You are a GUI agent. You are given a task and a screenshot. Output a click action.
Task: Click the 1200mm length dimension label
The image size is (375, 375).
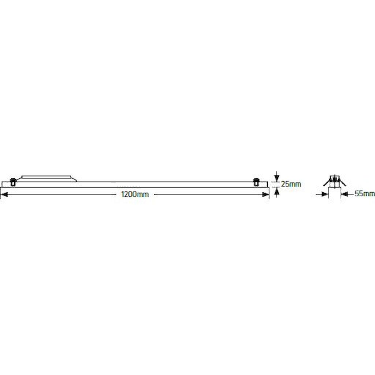coord(135,194)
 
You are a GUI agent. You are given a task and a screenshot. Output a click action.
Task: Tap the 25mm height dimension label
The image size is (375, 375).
coord(291,184)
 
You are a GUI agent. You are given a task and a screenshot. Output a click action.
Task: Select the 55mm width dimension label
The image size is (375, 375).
coord(365,193)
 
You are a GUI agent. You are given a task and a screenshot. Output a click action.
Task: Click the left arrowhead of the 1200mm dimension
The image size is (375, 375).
coord(4,195)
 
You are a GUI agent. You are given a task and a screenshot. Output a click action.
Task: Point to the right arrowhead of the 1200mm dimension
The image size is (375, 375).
coord(266,194)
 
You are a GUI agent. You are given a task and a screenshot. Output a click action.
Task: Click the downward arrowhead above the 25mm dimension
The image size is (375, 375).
coord(277,178)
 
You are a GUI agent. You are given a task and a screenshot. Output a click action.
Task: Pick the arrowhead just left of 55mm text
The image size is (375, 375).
coord(344,194)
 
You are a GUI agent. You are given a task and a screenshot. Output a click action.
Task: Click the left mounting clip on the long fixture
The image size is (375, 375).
coord(13,182)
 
